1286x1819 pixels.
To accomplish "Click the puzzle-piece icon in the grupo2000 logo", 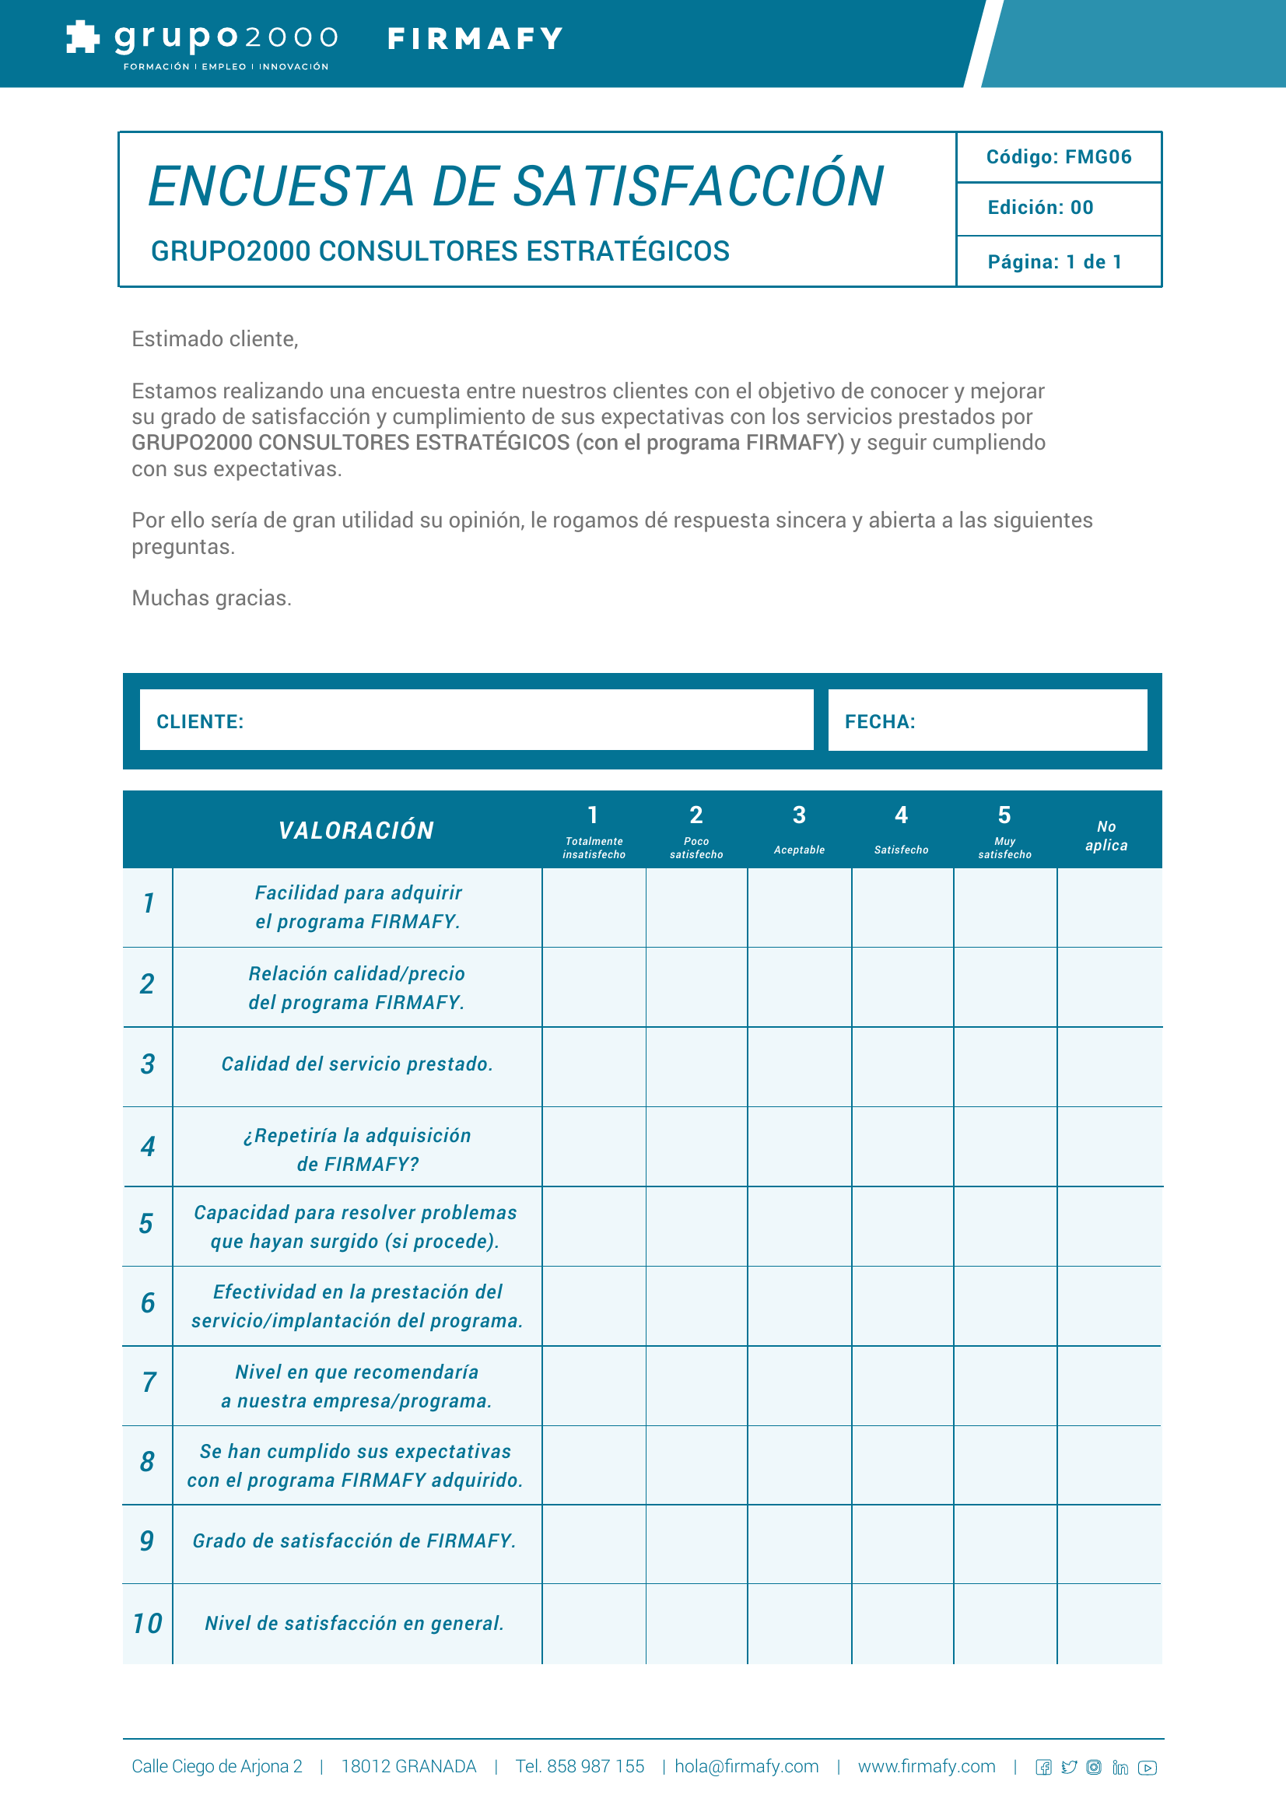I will coord(82,37).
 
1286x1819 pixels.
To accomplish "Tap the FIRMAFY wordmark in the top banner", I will coord(475,39).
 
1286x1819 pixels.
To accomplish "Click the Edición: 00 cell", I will coord(1039,208).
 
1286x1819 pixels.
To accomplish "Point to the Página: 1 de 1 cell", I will coord(1054,262).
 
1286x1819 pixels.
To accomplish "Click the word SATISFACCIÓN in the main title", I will coord(698,187).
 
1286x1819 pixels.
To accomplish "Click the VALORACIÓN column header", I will coord(356,830).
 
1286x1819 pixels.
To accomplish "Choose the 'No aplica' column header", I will coord(1106,836).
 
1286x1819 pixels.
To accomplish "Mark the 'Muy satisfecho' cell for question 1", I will coord(1004,907).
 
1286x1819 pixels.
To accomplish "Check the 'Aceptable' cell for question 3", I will coord(799,1067).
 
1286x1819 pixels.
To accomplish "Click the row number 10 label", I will coord(147,1623).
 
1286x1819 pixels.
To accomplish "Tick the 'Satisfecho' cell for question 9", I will coord(902,1544).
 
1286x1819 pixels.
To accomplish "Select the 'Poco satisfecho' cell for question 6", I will coord(696,1306).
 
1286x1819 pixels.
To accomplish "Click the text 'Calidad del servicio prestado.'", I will coord(356,1064).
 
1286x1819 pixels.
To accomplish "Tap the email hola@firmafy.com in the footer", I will coord(745,1766).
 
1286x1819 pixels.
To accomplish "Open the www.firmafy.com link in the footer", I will coord(926,1766).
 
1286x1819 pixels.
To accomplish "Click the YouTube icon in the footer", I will coord(1147,1768).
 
